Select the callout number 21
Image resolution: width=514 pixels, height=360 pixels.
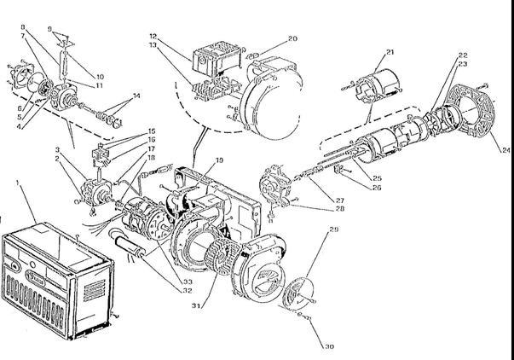390,53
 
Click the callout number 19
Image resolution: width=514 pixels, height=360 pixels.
220,160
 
